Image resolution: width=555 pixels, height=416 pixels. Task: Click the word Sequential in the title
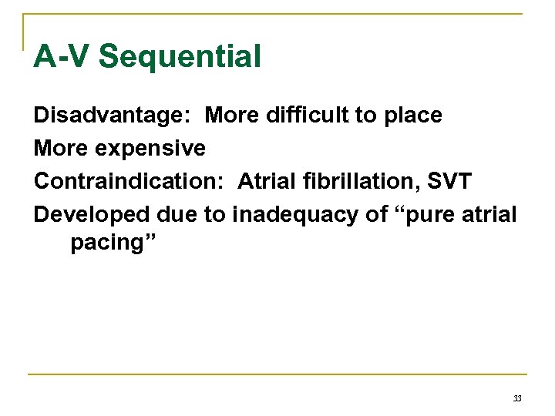click(180, 56)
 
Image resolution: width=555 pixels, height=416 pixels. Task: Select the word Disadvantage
click(113, 116)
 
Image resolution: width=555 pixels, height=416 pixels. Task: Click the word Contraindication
click(129, 181)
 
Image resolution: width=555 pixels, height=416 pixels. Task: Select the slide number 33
click(517, 398)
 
